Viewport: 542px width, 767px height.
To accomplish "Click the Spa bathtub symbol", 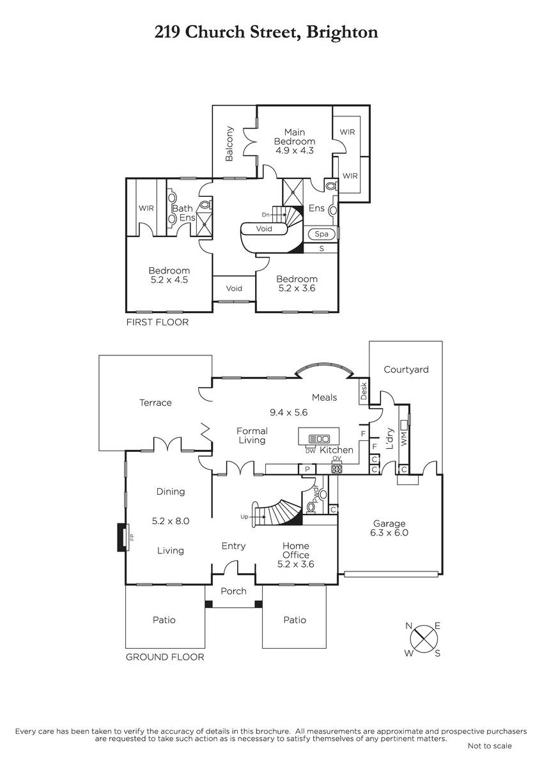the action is point(321,234).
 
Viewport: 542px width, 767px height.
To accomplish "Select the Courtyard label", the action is point(406,369).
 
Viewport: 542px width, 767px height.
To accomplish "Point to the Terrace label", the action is point(155,402).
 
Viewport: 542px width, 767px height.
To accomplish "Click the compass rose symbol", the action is point(424,639).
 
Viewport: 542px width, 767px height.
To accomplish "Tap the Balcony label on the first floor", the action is point(229,144).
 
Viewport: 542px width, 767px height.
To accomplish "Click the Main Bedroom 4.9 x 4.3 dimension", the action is point(295,150).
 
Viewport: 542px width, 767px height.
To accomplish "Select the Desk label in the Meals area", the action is point(364,391).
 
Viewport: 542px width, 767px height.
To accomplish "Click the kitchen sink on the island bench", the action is point(319,438).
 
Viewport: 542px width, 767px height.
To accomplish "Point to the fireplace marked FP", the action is point(123,538).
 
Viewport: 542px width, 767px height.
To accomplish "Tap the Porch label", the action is point(233,591).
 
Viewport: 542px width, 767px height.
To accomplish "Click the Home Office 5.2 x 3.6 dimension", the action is point(296,564).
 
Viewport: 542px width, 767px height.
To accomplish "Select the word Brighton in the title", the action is point(342,33).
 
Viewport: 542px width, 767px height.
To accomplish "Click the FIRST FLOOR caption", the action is point(157,322).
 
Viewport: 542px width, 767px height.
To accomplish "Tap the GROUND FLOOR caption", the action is point(165,657).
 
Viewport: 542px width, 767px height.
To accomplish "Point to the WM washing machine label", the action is point(405,440).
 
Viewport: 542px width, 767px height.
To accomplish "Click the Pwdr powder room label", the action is point(315,493).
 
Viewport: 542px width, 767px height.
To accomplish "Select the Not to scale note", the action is point(490,746).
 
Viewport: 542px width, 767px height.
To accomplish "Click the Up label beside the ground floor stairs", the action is point(244,516).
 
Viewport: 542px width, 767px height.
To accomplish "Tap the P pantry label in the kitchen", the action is point(307,469).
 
